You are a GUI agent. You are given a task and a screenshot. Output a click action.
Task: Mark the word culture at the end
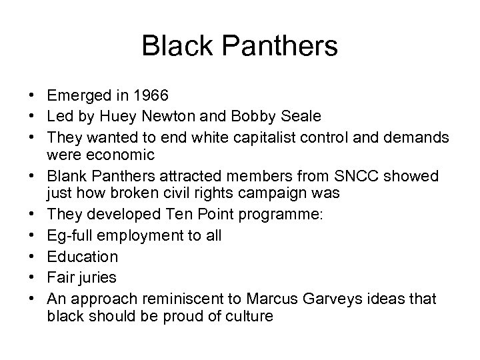pyautogui.click(x=246, y=315)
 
